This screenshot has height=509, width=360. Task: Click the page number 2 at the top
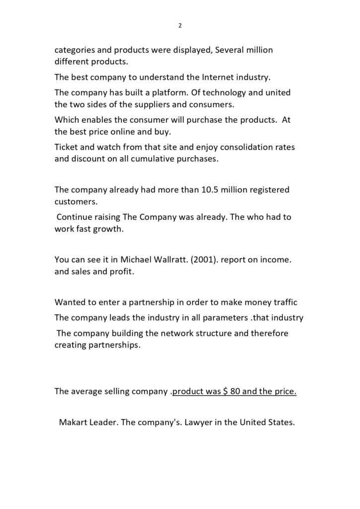[x=180, y=26]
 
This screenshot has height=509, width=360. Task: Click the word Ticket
[x=67, y=148]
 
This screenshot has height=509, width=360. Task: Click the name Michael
[x=138, y=259]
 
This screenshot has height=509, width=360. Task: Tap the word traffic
[x=284, y=302]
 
